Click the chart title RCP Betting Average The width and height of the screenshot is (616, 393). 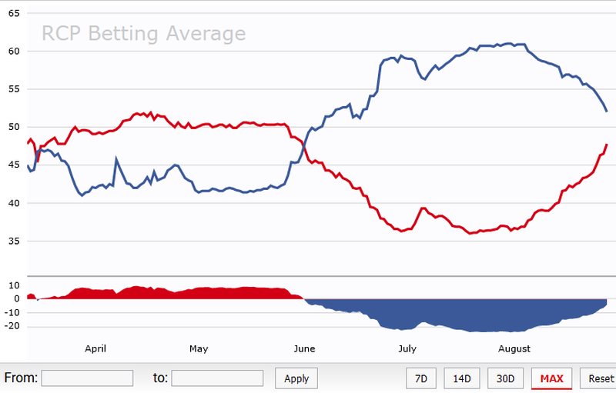pos(143,34)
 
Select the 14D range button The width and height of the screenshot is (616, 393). pos(461,378)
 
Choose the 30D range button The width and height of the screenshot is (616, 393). pos(505,378)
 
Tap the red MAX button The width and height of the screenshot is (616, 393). pos(551,378)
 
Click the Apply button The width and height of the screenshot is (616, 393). pos(296,378)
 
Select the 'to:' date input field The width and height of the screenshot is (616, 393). pos(217,378)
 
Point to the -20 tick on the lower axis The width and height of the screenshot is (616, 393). pos(12,326)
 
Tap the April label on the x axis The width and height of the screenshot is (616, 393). pos(95,348)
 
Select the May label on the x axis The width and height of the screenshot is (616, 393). pos(199,348)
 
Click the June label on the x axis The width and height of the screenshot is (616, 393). pos(305,348)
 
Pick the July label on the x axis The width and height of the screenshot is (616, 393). pos(407,348)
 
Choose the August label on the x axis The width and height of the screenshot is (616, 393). pos(514,348)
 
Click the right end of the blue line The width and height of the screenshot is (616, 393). pos(607,112)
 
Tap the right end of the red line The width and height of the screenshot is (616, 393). pos(607,145)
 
